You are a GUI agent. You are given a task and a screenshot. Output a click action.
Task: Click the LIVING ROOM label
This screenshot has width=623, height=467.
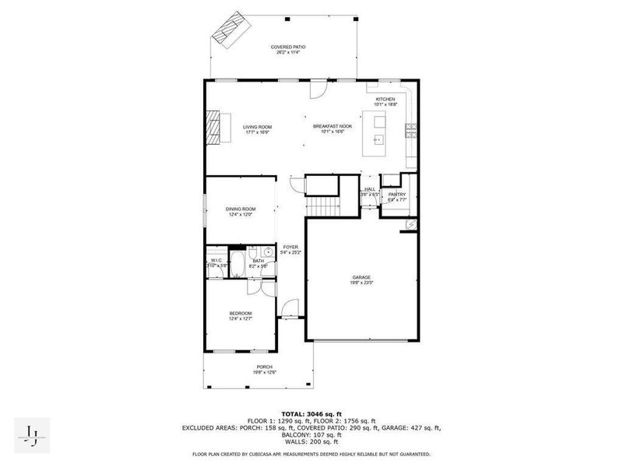[256, 126]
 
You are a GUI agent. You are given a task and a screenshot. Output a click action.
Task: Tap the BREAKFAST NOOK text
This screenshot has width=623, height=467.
[333, 126]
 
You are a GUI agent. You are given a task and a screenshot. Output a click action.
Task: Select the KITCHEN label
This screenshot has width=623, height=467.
[386, 100]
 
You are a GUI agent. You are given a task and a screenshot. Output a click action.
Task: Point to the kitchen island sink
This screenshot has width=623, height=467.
[379, 140]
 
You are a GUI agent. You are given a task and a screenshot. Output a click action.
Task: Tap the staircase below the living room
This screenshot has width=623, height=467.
[323, 206]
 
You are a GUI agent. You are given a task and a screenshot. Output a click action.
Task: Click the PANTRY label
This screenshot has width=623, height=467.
[397, 195]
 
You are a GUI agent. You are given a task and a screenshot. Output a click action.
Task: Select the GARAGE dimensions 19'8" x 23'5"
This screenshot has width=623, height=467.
[361, 283]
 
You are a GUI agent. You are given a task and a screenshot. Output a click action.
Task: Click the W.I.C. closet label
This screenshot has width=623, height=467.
[216, 261]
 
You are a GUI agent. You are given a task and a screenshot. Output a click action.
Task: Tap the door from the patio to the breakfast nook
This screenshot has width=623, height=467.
[317, 90]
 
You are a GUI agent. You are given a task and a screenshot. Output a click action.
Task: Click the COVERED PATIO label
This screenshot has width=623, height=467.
[287, 47]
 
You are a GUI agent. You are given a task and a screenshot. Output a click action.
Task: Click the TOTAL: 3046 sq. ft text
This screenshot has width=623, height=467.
[311, 414]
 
